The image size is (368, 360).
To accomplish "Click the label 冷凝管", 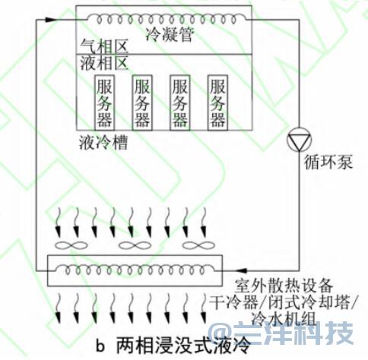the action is pyautogui.click(x=170, y=34).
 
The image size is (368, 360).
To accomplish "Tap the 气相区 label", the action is pyautogui.click(x=104, y=47).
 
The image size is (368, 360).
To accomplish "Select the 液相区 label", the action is pyautogui.click(x=104, y=63).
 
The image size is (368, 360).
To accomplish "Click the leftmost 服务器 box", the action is pyautogui.click(x=105, y=103).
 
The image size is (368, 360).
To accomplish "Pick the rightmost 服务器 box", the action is pyautogui.click(x=217, y=103).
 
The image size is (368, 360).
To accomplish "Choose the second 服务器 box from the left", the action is pyautogui.click(x=142, y=103).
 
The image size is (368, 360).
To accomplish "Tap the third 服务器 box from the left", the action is pyautogui.click(x=179, y=103).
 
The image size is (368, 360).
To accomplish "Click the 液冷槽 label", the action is pyautogui.click(x=103, y=143).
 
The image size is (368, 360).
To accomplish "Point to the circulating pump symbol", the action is pyautogui.click(x=299, y=139).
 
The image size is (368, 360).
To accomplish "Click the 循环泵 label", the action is pyautogui.click(x=328, y=162).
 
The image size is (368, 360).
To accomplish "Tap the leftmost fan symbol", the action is pyautogui.click(x=71, y=245).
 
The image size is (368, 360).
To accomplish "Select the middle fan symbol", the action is pyautogui.click(x=135, y=245).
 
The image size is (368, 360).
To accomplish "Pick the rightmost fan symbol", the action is pyautogui.click(x=198, y=245).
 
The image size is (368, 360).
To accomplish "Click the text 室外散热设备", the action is pyautogui.click(x=284, y=286).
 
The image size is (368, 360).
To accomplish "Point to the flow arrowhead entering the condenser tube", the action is pyautogui.click(x=52, y=20).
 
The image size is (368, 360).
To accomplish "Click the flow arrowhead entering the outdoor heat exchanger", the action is pyautogui.click(x=242, y=270).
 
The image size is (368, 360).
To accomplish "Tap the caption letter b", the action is pyautogui.click(x=100, y=346).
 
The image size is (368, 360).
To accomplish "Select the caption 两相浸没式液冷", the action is pyautogui.click(x=183, y=346).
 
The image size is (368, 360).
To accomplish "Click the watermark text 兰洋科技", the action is pyautogui.click(x=294, y=333).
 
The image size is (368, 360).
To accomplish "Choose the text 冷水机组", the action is pyautogui.click(x=284, y=319).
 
